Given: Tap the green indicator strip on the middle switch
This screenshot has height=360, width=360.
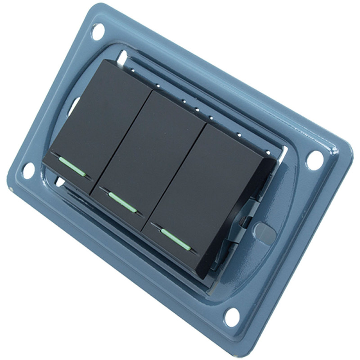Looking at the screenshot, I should click(x=122, y=202).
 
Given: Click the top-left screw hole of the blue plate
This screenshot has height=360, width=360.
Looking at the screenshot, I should click(x=97, y=31).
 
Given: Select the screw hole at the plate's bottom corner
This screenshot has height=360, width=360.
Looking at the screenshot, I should click(x=232, y=316).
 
